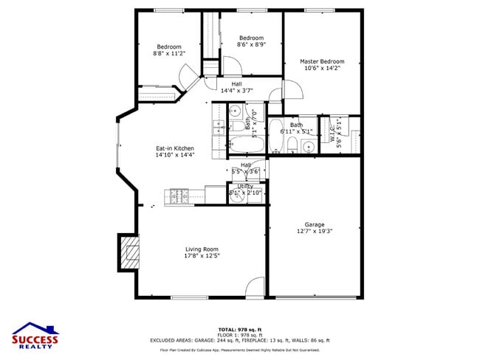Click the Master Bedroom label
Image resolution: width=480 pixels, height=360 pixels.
point(321,61)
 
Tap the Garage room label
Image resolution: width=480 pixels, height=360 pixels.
point(315,224)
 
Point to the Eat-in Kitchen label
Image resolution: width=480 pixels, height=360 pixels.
point(174,148)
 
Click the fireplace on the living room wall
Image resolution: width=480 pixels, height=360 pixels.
point(129,253)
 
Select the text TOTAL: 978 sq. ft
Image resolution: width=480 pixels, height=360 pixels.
point(240,329)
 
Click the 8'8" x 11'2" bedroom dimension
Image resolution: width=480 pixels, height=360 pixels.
point(169,53)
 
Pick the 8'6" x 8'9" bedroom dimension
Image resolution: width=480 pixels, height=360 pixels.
point(251,44)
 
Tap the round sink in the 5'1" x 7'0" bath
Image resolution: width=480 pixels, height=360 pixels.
point(233,111)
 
